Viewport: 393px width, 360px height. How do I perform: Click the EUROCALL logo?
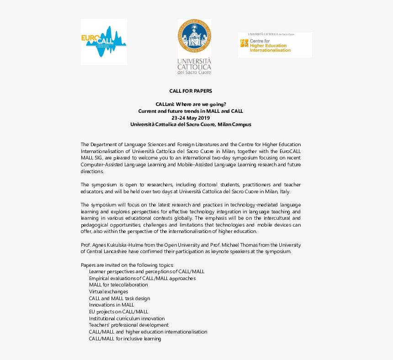click(104, 41)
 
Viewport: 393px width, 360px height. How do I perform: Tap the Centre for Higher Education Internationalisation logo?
click(275, 45)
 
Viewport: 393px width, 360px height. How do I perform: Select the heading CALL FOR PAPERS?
click(191, 91)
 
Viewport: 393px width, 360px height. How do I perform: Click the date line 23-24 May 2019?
click(191, 117)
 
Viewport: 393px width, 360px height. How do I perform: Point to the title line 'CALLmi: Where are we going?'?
click(191, 104)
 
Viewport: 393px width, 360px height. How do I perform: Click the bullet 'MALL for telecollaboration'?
click(118, 285)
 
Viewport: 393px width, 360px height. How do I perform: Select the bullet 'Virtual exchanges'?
click(108, 291)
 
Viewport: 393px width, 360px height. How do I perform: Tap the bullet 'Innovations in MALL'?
click(112, 305)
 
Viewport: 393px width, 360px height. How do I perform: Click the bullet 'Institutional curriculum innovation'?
click(127, 318)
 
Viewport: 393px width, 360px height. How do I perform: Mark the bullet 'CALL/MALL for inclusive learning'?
click(125, 339)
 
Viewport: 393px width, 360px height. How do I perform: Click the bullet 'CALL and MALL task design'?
click(119, 298)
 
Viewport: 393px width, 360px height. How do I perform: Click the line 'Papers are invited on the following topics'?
click(127, 265)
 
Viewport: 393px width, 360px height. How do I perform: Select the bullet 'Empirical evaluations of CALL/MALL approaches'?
click(142, 278)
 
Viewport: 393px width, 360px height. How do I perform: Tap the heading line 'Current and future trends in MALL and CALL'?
click(191, 111)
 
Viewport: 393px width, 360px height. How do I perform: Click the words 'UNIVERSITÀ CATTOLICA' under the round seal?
click(194, 64)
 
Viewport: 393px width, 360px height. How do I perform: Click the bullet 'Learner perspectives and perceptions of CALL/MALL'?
click(147, 271)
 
